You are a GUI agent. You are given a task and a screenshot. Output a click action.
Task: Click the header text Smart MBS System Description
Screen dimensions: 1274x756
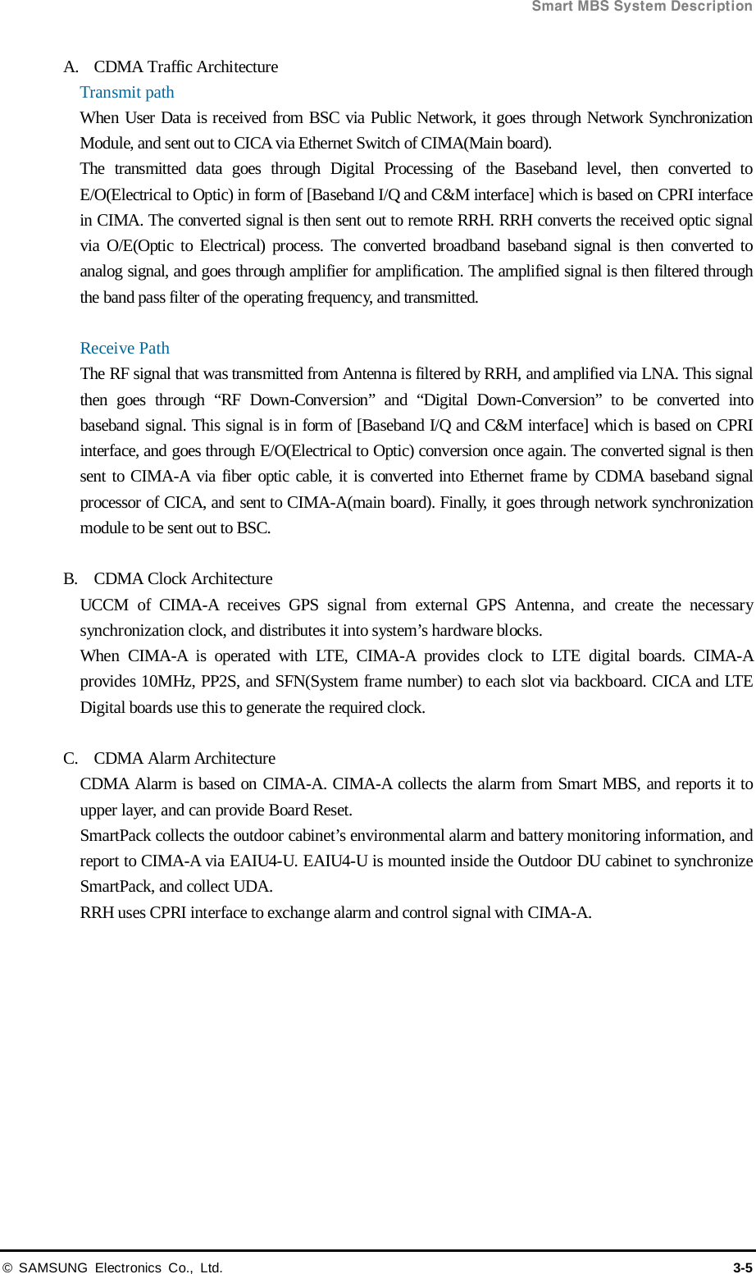[642, 7]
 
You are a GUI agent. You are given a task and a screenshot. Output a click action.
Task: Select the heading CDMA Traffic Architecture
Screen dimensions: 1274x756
[186, 66]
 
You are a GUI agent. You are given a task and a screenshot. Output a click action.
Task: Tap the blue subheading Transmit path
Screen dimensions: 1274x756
[127, 92]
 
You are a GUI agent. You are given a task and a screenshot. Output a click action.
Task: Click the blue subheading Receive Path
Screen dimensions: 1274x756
[125, 348]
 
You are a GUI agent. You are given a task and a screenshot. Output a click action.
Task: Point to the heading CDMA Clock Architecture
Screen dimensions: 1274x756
[183, 578]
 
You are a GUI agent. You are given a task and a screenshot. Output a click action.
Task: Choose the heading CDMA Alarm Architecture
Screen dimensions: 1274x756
[184, 758]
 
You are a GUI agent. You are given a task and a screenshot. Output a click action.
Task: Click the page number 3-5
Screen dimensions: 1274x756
[742, 1267]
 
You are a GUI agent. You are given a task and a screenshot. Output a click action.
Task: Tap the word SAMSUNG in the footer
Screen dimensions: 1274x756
[52, 1267]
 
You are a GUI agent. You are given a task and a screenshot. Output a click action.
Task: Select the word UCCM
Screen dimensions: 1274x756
[104, 605]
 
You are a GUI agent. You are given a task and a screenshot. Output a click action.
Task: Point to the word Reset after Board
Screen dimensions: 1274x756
[332, 810]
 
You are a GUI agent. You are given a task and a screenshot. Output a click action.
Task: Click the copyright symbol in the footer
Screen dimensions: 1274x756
[7, 1267]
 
